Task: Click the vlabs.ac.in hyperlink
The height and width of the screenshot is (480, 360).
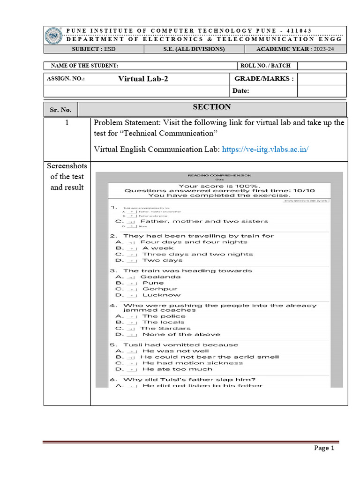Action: click(x=265, y=150)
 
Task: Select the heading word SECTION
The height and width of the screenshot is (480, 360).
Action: click(x=212, y=107)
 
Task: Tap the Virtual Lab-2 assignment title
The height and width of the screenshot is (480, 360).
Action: click(x=143, y=79)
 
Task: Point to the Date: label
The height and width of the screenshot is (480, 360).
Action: click(x=242, y=91)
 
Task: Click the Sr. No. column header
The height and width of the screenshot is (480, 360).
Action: click(x=60, y=110)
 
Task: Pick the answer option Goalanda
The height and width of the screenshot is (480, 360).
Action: click(x=160, y=277)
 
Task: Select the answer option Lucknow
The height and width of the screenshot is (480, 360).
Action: click(x=161, y=295)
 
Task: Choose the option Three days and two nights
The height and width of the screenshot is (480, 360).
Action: click(x=197, y=254)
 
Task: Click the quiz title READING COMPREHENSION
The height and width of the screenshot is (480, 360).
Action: click(x=219, y=175)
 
